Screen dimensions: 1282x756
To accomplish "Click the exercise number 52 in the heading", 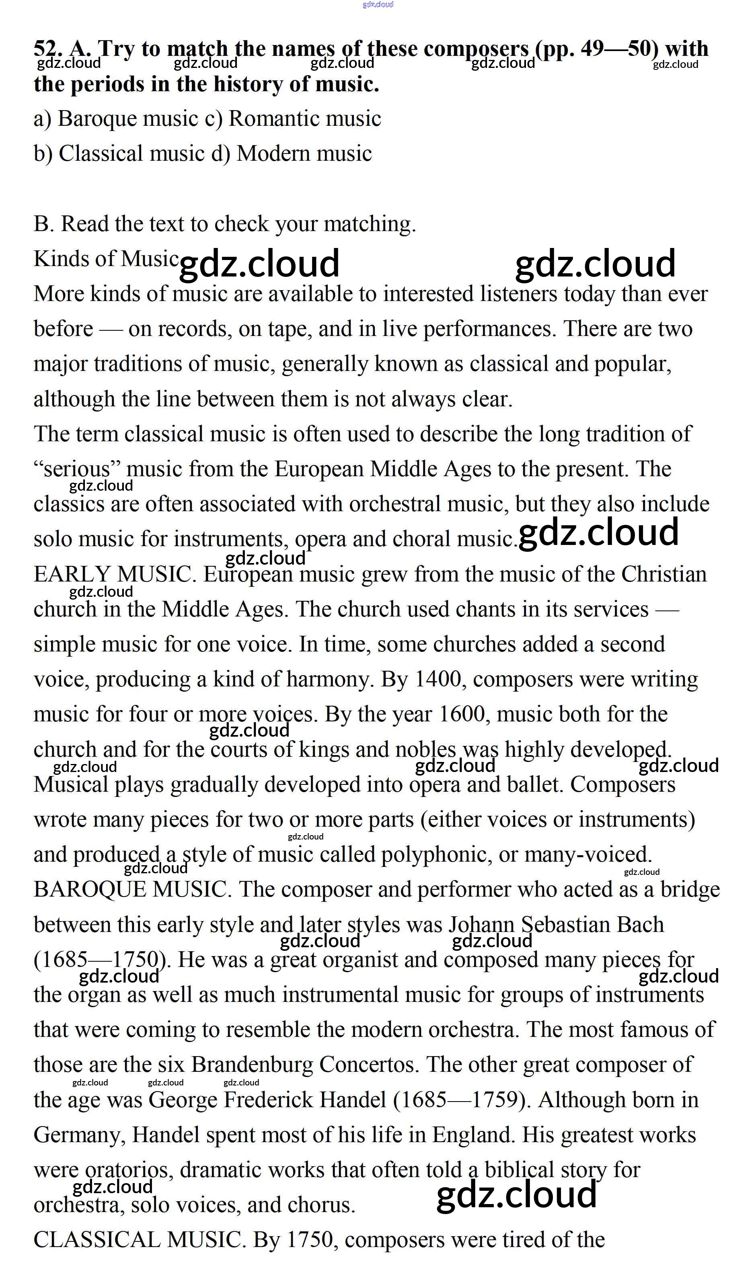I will click(x=47, y=49).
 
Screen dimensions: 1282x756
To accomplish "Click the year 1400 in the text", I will click(x=438, y=680).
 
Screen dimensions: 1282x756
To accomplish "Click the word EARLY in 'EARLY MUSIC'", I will click(x=72, y=575).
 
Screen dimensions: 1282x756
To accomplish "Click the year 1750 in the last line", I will click(x=310, y=1241).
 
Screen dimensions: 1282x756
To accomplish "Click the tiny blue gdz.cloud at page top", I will click(x=378, y=4).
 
